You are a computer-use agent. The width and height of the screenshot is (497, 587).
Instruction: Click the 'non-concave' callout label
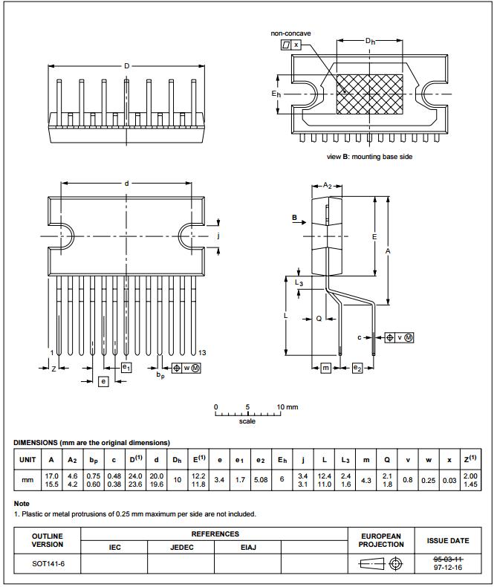point(290,33)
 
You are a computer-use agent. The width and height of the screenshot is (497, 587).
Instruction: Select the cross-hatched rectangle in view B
point(369,94)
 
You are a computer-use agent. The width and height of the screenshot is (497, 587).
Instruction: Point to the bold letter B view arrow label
point(294,218)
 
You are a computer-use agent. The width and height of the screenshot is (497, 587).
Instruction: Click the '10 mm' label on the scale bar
point(287,407)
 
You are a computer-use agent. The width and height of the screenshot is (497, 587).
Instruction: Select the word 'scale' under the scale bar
point(247,421)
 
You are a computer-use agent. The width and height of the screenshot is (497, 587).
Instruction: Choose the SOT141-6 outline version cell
point(47,564)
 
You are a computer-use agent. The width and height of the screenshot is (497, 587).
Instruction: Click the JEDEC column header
point(181,547)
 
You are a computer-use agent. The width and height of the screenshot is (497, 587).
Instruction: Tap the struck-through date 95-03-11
point(447,558)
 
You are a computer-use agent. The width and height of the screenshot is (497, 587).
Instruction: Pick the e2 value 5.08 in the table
point(260,480)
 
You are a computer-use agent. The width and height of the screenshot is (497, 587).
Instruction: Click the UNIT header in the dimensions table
point(27,460)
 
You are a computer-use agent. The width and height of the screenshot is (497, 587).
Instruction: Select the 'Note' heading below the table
point(22,503)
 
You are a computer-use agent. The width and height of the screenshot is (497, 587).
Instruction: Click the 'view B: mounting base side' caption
point(369,157)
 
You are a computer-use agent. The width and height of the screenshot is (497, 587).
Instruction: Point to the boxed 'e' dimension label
point(103,381)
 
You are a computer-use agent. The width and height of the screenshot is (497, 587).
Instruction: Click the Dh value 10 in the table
point(177,480)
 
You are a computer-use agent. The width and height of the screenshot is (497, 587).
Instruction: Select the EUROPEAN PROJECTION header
point(382,540)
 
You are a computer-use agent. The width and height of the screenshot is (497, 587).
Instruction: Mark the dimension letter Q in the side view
point(318,318)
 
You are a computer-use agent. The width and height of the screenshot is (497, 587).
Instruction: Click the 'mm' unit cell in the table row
point(27,480)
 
